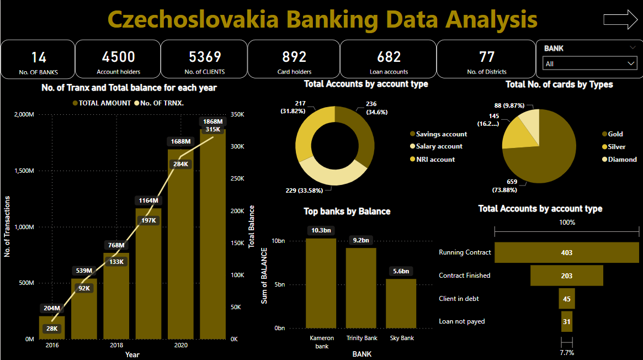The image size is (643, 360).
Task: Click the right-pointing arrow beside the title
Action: [x=620, y=19]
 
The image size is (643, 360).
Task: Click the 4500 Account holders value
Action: [x=119, y=57]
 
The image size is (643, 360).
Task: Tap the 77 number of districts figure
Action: [x=487, y=57]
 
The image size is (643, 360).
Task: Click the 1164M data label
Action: [x=148, y=200]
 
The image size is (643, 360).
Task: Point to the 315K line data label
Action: [x=212, y=129]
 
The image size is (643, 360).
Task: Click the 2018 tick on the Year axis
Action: [x=116, y=346]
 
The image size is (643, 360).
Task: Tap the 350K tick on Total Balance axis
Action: [x=238, y=114]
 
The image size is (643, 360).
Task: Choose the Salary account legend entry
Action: [x=439, y=146]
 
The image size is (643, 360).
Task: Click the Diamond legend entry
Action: [x=622, y=160]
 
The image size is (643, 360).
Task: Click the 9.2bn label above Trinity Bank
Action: [x=361, y=241]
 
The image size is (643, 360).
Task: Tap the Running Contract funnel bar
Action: [x=566, y=252]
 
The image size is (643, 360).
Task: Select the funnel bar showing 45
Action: [x=567, y=299]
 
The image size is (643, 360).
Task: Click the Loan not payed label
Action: [x=462, y=321]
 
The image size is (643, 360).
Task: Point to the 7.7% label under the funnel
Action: [x=567, y=352]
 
